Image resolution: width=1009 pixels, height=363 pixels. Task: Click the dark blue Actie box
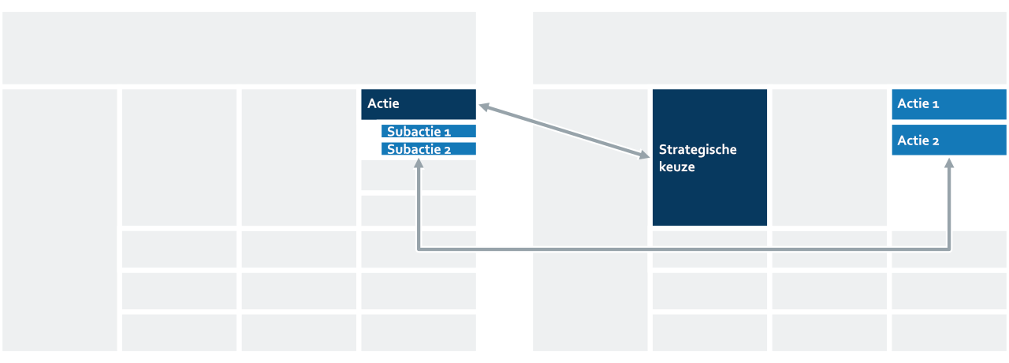click(419, 104)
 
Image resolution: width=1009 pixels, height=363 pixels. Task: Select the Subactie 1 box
click(428, 131)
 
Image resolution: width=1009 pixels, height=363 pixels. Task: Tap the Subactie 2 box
click(428, 149)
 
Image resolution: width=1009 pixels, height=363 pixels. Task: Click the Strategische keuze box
click(709, 157)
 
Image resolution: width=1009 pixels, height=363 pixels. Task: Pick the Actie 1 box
click(949, 104)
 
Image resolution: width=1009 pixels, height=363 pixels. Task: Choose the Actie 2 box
click(949, 140)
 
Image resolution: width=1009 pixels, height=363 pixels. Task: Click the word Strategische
click(698, 150)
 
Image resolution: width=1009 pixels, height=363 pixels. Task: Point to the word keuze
click(676, 167)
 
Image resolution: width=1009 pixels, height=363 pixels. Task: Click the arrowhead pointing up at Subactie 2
click(419, 163)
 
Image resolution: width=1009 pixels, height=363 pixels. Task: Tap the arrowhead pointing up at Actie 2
click(949, 163)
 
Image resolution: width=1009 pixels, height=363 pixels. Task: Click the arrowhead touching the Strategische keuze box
click(644, 155)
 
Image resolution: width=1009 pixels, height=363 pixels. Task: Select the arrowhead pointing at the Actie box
click(485, 107)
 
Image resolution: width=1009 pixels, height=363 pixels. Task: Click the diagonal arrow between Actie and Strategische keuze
click(564, 131)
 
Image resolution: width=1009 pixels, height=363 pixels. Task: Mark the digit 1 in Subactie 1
click(447, 133)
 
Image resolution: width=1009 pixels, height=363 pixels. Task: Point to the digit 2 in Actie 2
click(936, 141)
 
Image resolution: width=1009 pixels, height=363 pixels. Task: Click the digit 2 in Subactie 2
click(447, 150)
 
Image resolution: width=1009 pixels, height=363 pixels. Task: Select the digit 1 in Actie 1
click(936, 105)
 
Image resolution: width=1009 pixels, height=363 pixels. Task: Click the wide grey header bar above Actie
click(239, 48)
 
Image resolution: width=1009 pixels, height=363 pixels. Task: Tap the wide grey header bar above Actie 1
click(770, 48)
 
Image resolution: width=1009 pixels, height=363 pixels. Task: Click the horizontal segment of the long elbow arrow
click(683, 249)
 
